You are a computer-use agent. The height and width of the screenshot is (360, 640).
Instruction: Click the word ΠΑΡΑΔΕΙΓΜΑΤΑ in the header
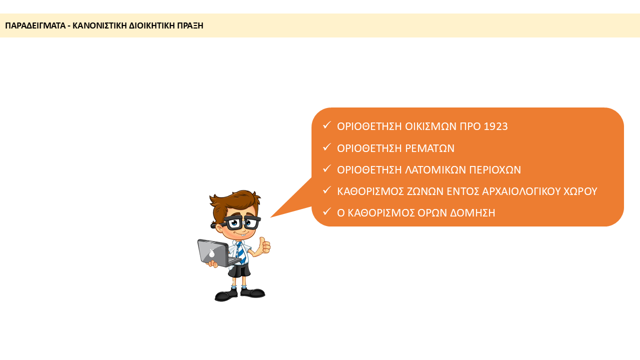click(35, 25)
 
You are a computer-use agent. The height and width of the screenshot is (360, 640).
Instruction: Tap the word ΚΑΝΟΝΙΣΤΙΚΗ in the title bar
click(99, 25)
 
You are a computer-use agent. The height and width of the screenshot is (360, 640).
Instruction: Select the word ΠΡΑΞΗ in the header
click(190, 25)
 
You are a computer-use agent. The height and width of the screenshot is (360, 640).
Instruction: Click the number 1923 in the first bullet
click(495, 126)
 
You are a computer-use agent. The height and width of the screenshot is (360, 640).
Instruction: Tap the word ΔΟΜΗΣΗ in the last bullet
click(472, 213)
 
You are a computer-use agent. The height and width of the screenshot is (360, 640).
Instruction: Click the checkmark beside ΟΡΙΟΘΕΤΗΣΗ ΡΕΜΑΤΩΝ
click(326, 147)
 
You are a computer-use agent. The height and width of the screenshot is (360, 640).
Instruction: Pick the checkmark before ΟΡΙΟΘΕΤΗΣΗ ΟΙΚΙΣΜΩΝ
click(326, 125)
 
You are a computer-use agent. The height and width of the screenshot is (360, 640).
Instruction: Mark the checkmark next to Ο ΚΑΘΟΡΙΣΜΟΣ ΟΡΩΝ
click(326, 211)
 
